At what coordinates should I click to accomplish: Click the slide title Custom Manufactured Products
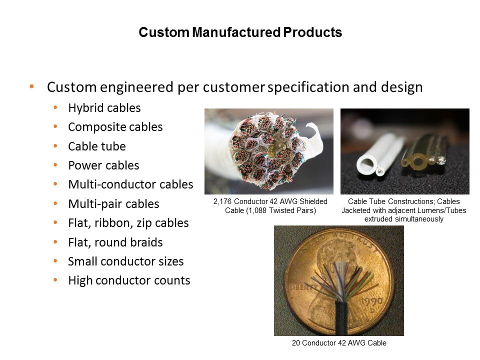coord(240,32)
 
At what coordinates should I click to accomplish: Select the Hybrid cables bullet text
coord(104,108)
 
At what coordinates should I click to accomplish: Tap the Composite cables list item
coord(115,127)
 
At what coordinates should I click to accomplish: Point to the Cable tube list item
coord(97,146)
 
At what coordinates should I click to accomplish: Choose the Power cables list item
coord(104,165)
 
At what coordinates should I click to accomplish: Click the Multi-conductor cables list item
coord(130,184)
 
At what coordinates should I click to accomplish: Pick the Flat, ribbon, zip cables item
coord(128,223)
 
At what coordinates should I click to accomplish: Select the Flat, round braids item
coord(115,242)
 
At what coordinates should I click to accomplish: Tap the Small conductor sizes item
coord(126,261)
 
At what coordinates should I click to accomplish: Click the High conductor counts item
coord(129,280)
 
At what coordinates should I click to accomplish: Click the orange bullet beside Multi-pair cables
coord(55,203)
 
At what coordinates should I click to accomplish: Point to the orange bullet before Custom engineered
coord(32,86)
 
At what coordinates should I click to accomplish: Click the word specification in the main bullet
coord(308,87)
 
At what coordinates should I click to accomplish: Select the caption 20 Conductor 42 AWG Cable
coord(339,343)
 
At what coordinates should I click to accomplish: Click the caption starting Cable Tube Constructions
coord(404,210)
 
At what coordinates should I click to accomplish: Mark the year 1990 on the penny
coord(372,301)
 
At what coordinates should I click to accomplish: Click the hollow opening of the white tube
coord(366,165)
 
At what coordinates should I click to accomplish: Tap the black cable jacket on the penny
coord(341,318)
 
